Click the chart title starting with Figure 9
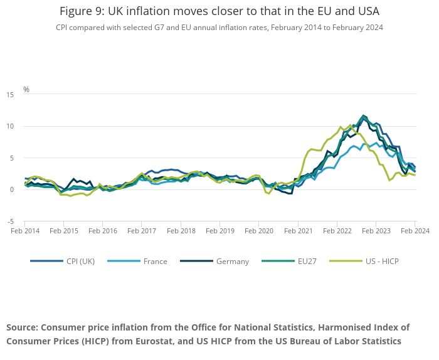click(x=219, y=11)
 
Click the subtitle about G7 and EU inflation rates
click(x=219, y=28)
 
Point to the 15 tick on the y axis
click(x=10, y=95)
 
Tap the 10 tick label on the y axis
click(x=10, y=127)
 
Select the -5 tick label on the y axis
click(x=11, y=221)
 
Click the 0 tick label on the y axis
click(x=12, y=190)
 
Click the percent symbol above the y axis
click(x=26, y=90)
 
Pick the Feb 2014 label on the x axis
click(x=25, y=231)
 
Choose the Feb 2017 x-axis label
click(x=142, y=231)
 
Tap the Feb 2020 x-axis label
click(x=259, y=231)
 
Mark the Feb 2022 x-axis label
click(x=337, y=231)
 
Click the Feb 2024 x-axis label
click(x=415, y=231)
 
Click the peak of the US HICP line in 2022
click(x=349, y=125)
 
